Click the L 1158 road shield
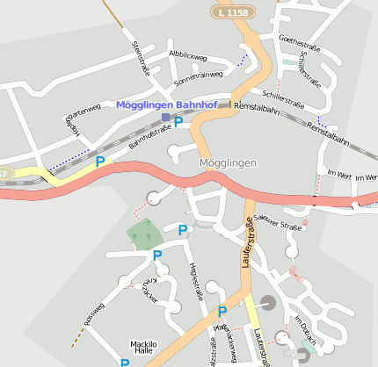(231, 13)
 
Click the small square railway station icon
(165, 116)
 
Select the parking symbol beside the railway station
(178, 122)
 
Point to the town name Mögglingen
(228, 164)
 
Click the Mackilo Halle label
(142, 348)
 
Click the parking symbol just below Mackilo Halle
(125, 363)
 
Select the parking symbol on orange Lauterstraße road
(222, 312)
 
